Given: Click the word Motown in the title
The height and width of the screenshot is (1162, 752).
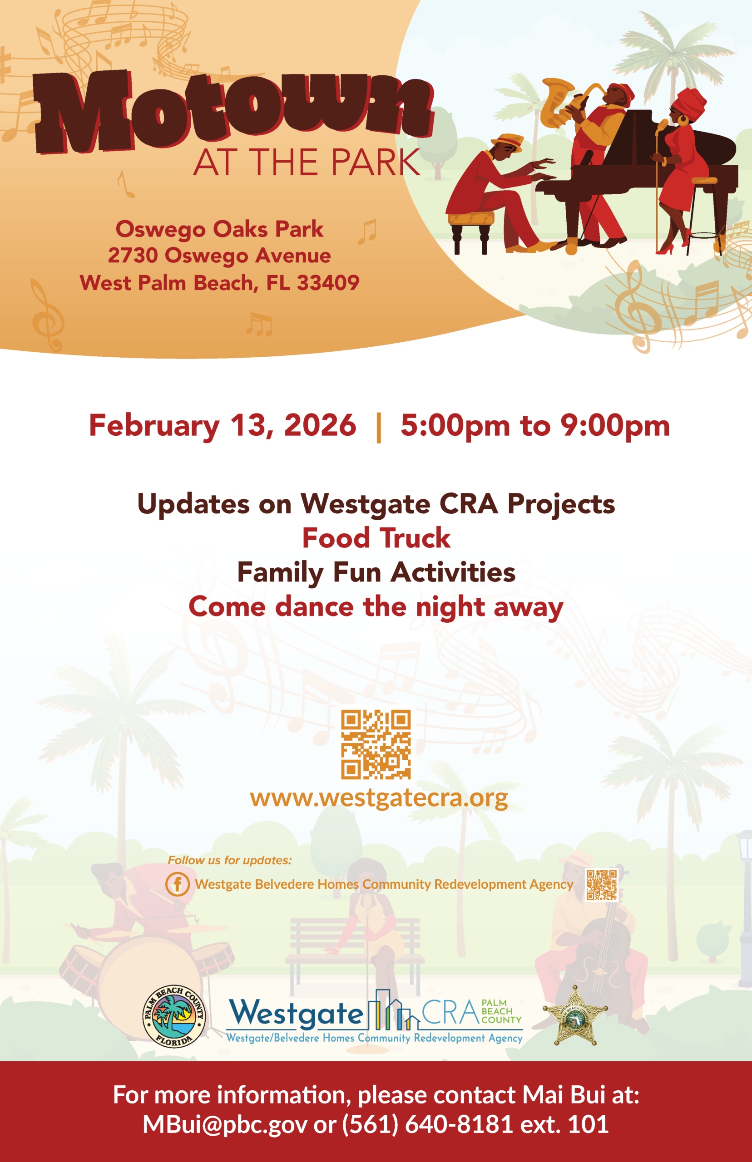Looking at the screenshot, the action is click(x=233, y=110).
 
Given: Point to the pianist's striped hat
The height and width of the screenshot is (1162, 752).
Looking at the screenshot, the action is click(x=508, y=141).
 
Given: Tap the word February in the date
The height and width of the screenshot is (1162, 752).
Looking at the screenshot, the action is click(x=154, y=426).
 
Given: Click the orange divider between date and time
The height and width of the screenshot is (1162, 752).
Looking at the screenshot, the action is click(x=378, y=427).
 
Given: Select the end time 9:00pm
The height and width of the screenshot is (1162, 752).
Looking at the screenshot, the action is click(x=615, y=426).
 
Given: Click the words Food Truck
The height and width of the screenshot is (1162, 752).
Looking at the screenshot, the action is click(x=376, y=538).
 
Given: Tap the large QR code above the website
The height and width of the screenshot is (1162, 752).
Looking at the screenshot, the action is click(x=376, y=744).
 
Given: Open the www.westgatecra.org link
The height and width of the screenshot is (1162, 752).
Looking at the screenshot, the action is click(x=378, y=798).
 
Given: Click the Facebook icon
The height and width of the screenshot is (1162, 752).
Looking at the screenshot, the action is click(x=177, y=884).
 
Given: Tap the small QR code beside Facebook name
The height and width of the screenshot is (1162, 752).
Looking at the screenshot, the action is click(x=602, y=884).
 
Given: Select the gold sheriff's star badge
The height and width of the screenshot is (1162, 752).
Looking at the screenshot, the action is click(x=576, y=1017).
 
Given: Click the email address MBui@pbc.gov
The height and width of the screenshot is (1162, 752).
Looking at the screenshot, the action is click(x=225, y=1124).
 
